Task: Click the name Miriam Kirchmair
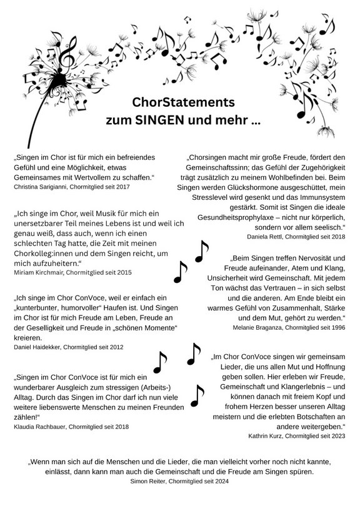(37, 272)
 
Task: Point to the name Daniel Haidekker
(37, 347)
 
